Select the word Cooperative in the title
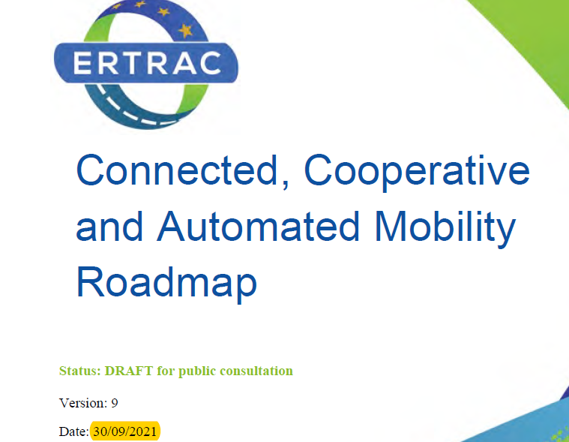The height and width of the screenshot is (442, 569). click(x=417, y=173)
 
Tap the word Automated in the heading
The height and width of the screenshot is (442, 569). click(x=258, y=226)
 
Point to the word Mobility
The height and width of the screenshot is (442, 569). click(x=445, y=229)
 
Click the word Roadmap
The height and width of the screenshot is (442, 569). click(x=166, y=284)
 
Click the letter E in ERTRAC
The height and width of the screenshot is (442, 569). click(x=82, y=63)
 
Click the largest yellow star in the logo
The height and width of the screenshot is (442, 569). click(x=186, y=31)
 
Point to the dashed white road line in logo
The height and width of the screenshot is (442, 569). click(x=134, y=111)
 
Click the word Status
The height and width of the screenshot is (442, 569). click(x=79, y=371)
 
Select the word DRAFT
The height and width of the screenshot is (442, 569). click(x=129, y=371)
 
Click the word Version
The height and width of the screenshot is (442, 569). click(x=83, y=403)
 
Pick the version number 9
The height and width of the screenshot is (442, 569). click(x=114, y=403)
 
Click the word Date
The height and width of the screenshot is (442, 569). click(x=73, y=431)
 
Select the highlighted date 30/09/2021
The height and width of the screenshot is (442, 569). click(x=125, y=431)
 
